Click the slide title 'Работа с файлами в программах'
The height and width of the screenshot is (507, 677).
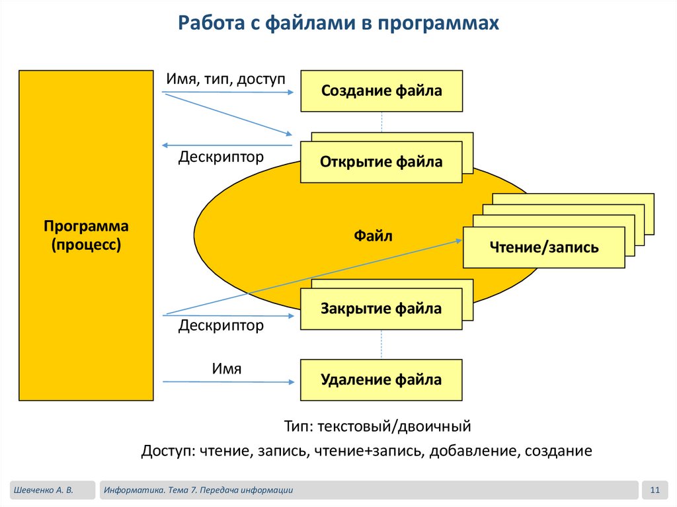pos(338,24)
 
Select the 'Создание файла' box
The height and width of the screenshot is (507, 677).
pos(381,91)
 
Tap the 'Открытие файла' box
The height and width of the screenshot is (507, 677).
pos(381,161)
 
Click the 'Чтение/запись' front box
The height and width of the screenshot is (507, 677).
pos(544,248)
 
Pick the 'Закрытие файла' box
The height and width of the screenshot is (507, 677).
pos(381,309)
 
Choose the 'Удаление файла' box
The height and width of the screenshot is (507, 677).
pos(381,380)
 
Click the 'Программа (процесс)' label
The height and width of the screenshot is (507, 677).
pos(87,235)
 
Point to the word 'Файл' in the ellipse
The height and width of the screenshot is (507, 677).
pos(374,235)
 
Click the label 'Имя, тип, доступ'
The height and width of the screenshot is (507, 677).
pos(225,79)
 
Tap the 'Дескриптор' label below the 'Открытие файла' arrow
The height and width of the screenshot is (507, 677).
pos(221,157)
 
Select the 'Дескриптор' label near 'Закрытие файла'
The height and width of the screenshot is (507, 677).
pos(221,325)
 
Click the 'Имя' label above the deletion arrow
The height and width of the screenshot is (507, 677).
pos(227,369)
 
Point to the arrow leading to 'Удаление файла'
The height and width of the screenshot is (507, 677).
pos(228,381)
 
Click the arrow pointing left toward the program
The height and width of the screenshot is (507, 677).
pos(228,145)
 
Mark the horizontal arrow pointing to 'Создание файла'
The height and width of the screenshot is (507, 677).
pos(228,92)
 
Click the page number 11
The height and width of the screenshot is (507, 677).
pos(656,490)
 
